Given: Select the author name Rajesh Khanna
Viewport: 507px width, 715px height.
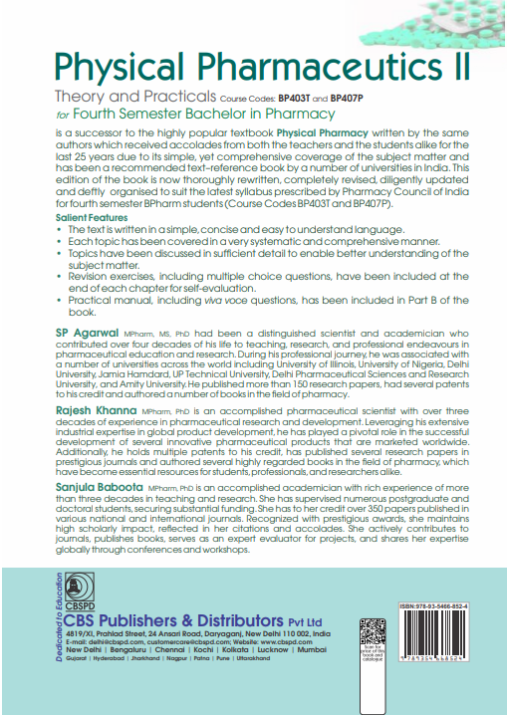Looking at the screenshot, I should tap(96, 408).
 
